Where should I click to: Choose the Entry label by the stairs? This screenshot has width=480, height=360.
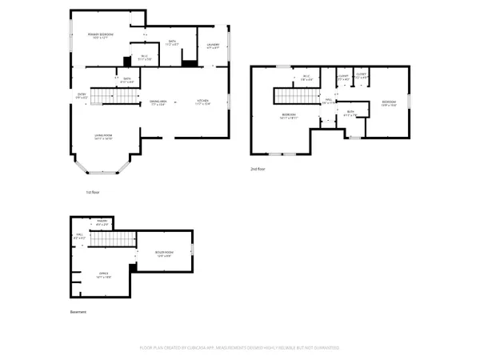coord(81,95)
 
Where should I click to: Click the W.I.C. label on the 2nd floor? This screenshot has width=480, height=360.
coord(306,78)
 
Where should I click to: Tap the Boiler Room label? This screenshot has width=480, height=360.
coord(164,254)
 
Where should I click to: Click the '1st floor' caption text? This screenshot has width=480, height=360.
coord(93,192)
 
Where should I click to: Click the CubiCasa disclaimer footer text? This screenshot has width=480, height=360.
coord(240,348)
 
